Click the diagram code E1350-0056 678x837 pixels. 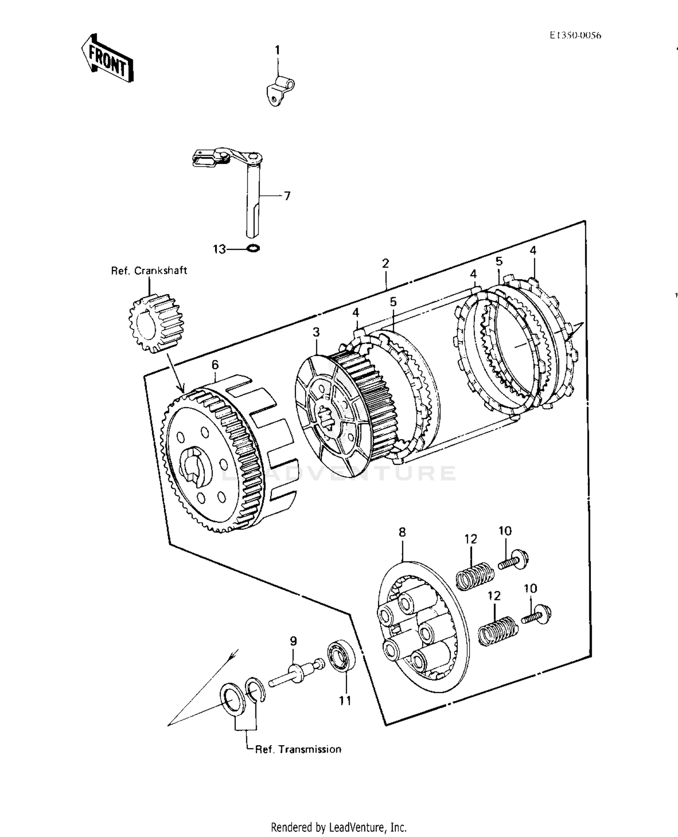[x=575, y=36]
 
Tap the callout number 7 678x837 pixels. [x=287, y=196]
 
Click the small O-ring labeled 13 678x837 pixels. [x=254, y=248]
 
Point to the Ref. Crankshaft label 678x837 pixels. [x=149, y=271]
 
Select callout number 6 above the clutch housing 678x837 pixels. [x=215, y=364]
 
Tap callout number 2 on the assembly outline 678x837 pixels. [x=385, y=263]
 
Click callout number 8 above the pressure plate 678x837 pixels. [x=402, y=532]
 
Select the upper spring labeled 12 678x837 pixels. [x=474, y=575]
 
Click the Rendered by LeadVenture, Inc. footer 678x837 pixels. [x=339, y=828]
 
